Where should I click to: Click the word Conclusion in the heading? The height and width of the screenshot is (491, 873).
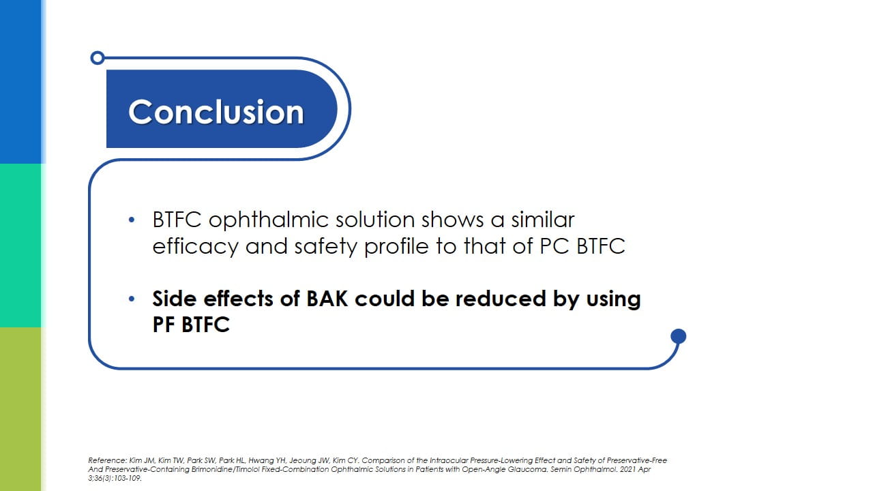pos(216,112)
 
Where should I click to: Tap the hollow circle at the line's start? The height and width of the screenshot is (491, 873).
pos(98,58)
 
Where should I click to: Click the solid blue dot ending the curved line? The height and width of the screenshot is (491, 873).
pos(678,336)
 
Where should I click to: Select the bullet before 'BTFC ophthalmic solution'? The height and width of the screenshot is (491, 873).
pos(132,220)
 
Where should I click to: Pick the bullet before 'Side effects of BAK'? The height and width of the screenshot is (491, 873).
pos(132,299)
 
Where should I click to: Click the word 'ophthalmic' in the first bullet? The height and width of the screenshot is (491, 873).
pos(269,220)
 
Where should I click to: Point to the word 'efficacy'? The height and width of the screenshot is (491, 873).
pos(195,247)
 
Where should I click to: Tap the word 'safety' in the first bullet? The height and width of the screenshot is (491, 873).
pos(325,247)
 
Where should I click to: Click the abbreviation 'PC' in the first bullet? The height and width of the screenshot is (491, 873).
pos(554,246)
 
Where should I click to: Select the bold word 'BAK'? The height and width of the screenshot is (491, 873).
pos(327,299)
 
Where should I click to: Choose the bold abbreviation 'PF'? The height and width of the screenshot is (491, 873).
pos(163,325)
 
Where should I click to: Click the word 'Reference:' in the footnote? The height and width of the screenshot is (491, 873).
pos(108,460)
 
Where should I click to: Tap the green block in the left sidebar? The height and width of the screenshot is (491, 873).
pos(20,245)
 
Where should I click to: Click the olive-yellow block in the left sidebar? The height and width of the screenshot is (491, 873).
pos(20,409)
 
